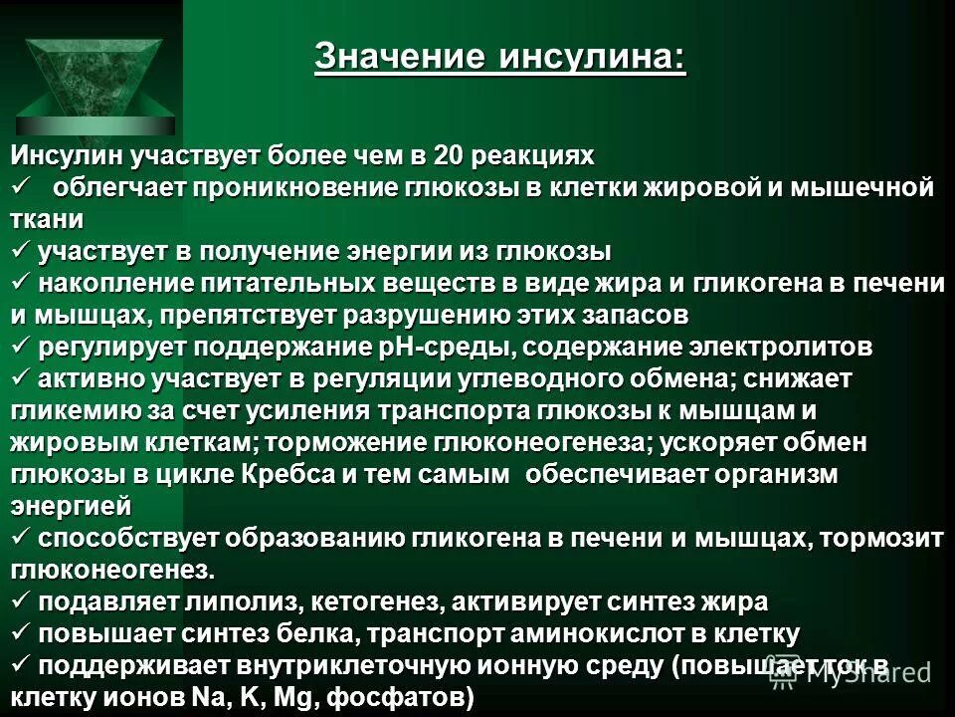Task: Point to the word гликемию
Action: point(65,410)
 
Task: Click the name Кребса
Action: point(288,474)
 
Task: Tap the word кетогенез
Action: point(361,601)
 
